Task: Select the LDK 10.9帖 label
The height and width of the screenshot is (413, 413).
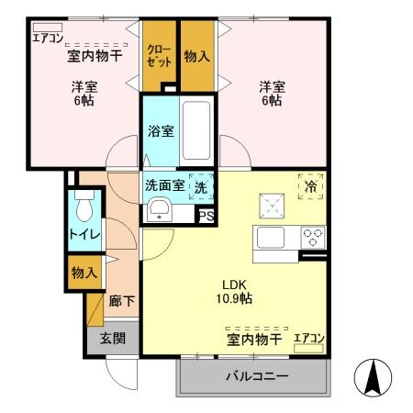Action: click(236, 291)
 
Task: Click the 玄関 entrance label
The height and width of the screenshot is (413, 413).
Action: click(113, 339)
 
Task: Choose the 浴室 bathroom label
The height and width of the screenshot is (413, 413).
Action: click(161, 131)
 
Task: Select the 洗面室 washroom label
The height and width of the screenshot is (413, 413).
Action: click(165, 184)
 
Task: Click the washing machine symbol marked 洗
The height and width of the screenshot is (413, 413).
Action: click(200, 184)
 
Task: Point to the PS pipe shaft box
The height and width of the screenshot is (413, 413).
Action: click(206, 217)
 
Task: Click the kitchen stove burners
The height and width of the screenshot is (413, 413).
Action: click(313, 237)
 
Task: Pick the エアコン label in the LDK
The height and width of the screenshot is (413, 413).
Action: click(308, 339)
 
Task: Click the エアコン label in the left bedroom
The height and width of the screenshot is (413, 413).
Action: click(47, 38)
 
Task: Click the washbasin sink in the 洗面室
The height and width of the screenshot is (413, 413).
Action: click(158, 209)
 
